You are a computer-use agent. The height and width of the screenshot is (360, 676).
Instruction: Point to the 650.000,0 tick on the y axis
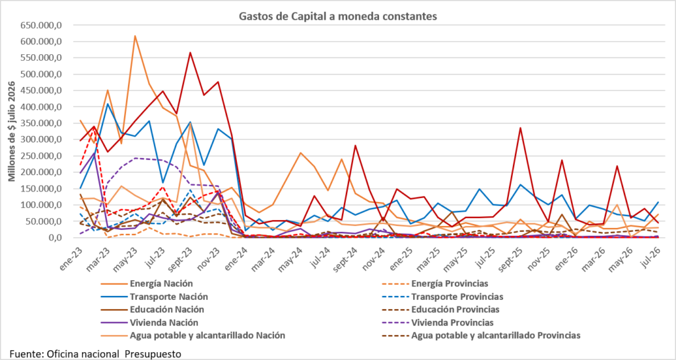(x=42, y=26)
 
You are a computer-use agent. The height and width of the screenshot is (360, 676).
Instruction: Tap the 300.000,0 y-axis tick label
(x=42, y=139)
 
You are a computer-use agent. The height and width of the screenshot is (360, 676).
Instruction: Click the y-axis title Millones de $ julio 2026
(x=11, y=131)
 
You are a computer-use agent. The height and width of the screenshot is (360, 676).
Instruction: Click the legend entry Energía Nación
(x=161, y=283)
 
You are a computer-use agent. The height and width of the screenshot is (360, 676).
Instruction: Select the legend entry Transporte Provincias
(x=457, y=297)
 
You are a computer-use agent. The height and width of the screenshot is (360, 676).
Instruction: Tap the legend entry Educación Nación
(x=167, y=310)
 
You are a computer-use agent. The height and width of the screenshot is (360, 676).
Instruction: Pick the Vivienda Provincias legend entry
(x=452, y=322)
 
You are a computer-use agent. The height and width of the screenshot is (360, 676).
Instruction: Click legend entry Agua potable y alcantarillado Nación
(x=207, y=336)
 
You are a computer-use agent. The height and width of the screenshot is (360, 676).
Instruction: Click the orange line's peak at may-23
(x=135, y=36)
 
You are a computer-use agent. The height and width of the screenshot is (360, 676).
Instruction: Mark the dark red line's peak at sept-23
(x=190, y=53)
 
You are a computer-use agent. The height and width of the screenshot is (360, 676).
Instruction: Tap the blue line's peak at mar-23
(x=108, y=104)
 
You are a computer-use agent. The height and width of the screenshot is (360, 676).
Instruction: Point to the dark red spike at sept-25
(x=520, y=127)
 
